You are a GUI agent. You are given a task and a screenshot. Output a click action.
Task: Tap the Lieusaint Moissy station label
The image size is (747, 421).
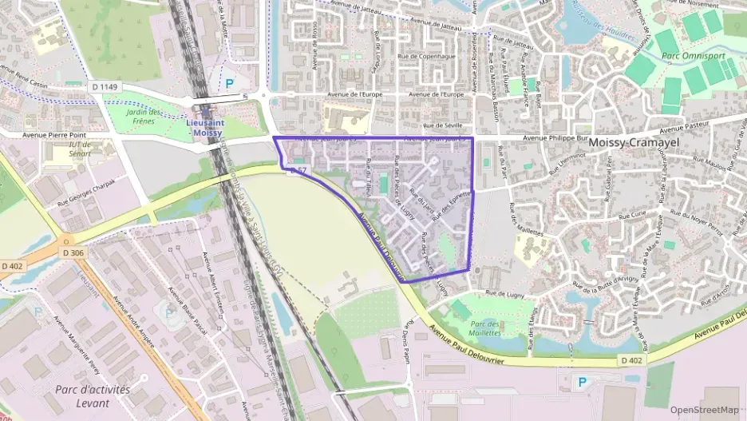click(203, 128)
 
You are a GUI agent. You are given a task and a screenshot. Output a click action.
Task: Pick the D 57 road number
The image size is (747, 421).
click(298, 170)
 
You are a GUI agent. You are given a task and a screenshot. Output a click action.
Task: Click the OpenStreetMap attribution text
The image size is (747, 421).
click(704, 410)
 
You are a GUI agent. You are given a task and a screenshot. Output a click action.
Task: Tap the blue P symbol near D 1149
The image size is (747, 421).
click(230, 81)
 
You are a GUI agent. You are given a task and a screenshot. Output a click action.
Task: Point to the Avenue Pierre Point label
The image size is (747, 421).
click(54, 135)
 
